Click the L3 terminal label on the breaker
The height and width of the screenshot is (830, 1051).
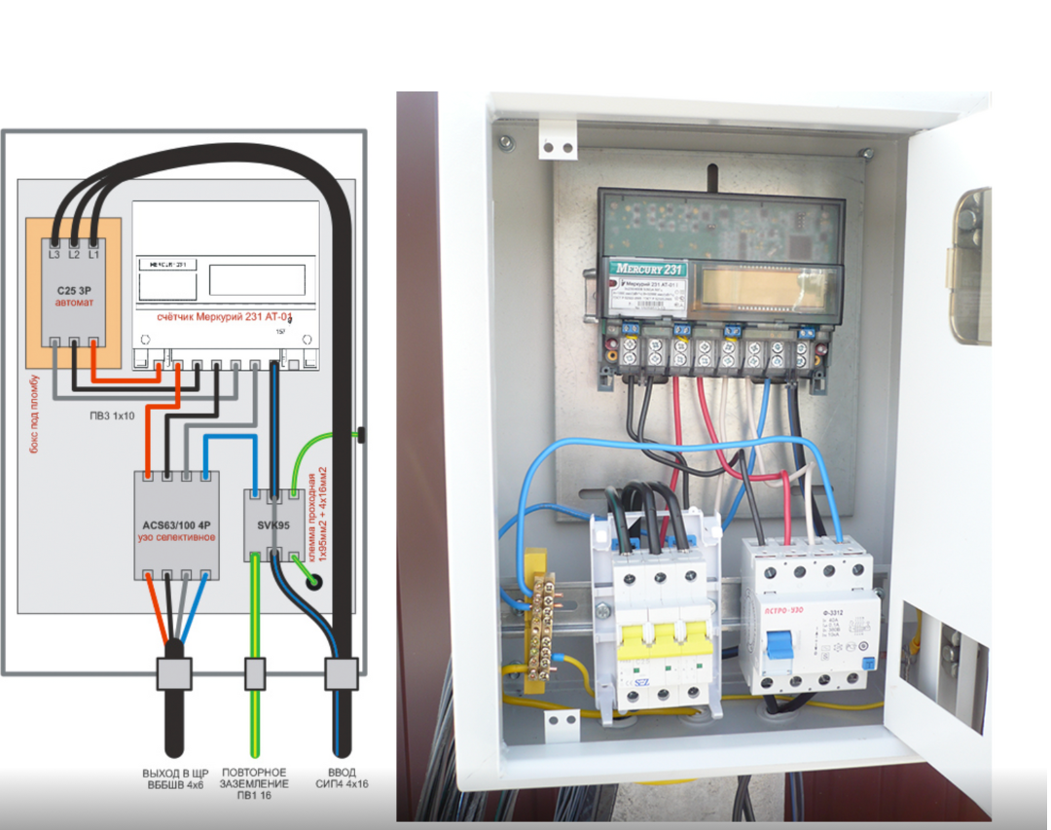(55, 253)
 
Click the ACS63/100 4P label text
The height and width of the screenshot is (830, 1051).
(176, 524)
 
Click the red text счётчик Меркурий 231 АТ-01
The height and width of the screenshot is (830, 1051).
(225, 318)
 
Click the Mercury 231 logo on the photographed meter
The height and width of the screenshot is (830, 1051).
(648, 269)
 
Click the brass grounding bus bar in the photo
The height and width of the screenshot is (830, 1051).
(540, 632)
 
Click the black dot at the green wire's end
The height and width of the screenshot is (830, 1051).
(314, 583)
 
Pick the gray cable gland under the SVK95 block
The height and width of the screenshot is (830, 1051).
(254, 672)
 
